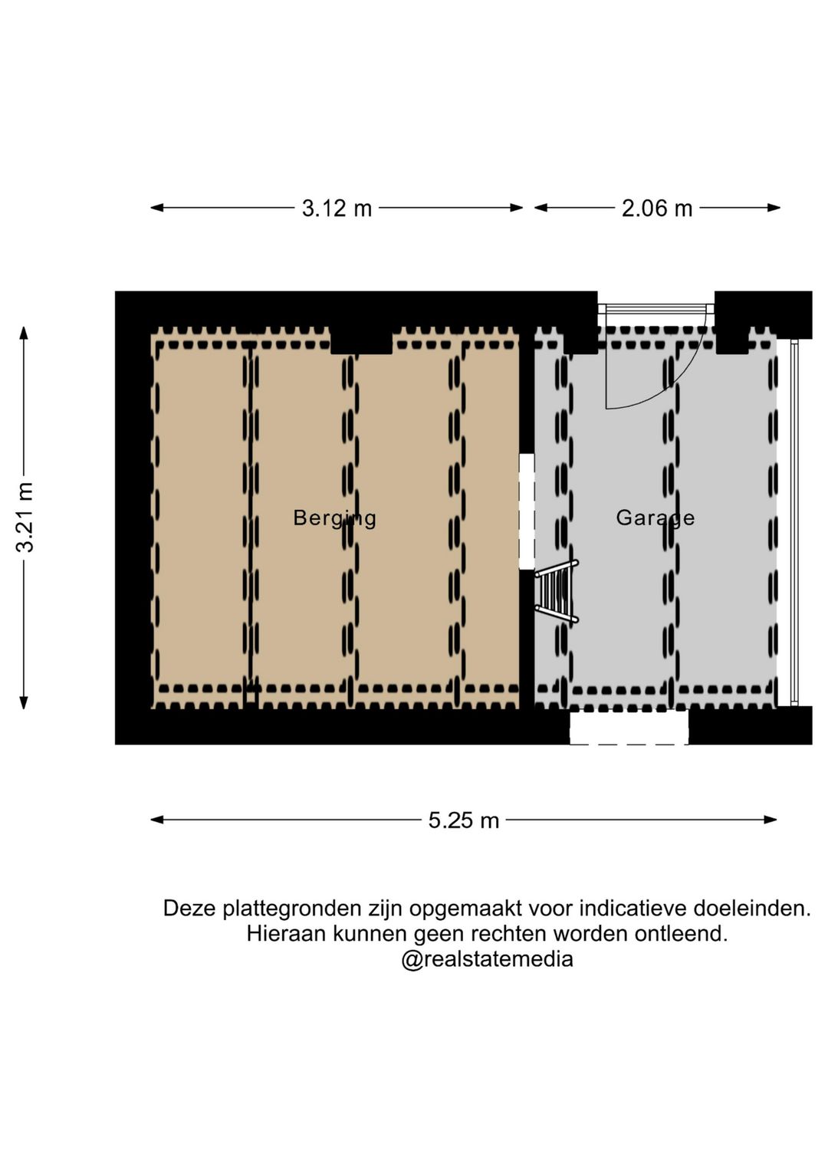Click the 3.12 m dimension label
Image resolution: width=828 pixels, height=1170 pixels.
pyautogui.click(x=337, y=209)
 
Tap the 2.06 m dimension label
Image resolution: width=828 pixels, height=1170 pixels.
pyautogui.click(x=657, y=209)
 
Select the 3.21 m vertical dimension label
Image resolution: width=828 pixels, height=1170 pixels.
pyautogui.click(x=25, y=517)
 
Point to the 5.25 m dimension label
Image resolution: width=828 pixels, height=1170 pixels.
pyautogui.click(x=463, y=820)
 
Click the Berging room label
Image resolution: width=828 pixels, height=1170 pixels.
pyautogui.click(x=334, y=518)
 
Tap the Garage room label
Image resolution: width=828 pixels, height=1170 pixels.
pyautogui.click(x=655, y=518)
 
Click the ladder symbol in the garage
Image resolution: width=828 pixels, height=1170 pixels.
pyautogui.click(x=557, y=590)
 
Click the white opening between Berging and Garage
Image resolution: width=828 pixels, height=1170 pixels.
pyautogui.click(x=527, y=511)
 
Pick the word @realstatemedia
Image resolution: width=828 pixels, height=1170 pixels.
pyautogui.click(x=487, y=959)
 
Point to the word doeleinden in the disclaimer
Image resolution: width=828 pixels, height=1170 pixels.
pyautogui.click(x=752, y=909)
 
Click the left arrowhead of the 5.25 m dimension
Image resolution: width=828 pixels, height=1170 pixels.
pyautogui.click(x=156, y=820)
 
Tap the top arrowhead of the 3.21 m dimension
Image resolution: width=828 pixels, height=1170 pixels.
pyautogui.click(x=24, y=333)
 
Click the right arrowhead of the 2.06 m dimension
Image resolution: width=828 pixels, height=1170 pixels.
pyautogui.click(x=774, y=208)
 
